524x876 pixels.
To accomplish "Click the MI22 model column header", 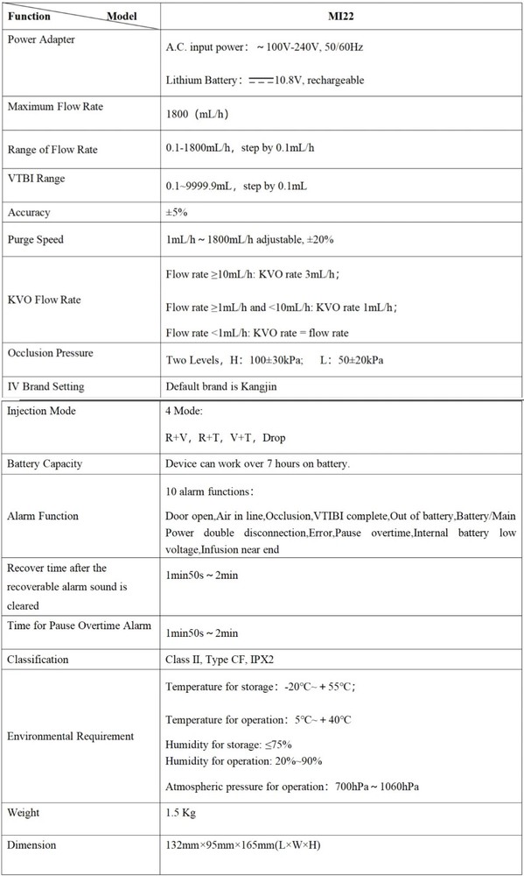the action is (x=342, y=16).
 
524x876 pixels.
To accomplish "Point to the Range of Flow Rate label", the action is (x=52, y=149).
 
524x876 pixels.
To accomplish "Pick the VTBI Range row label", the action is (x=37, y=179).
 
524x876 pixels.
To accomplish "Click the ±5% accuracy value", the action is (x=178, y=212).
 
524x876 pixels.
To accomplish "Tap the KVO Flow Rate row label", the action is (x=44, y=300).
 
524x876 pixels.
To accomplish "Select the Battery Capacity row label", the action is (x=46, y=463).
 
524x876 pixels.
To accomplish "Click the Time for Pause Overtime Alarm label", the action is (x=79, y=626).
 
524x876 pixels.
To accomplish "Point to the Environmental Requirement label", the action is (x=70, y=737).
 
